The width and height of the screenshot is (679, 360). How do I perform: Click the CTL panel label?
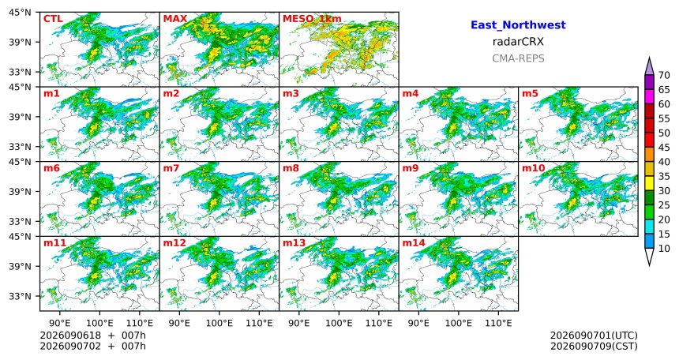53,19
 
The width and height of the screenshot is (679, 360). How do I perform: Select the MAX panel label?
175,19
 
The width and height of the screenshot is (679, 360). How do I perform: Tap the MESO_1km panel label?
312,19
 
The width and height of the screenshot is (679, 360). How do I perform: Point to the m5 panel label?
531,94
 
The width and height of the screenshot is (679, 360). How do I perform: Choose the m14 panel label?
414,243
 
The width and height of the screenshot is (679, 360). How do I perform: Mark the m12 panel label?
174,243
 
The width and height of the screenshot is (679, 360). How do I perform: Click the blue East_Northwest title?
518,25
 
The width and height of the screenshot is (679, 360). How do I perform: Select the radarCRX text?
518,42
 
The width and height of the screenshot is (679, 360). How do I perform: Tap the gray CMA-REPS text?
518,58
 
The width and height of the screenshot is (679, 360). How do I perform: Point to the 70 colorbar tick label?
664,75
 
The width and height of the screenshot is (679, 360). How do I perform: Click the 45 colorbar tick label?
664,148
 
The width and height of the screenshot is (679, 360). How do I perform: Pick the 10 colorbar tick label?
664,248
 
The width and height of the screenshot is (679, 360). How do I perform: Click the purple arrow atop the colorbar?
649,66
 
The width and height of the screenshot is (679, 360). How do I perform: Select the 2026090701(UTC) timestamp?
594,336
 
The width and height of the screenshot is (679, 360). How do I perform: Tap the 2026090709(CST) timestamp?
594,347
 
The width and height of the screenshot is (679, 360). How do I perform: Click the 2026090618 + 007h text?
92,336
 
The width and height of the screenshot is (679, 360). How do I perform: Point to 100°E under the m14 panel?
459,323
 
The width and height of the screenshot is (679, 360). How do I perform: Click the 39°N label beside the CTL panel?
20,42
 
